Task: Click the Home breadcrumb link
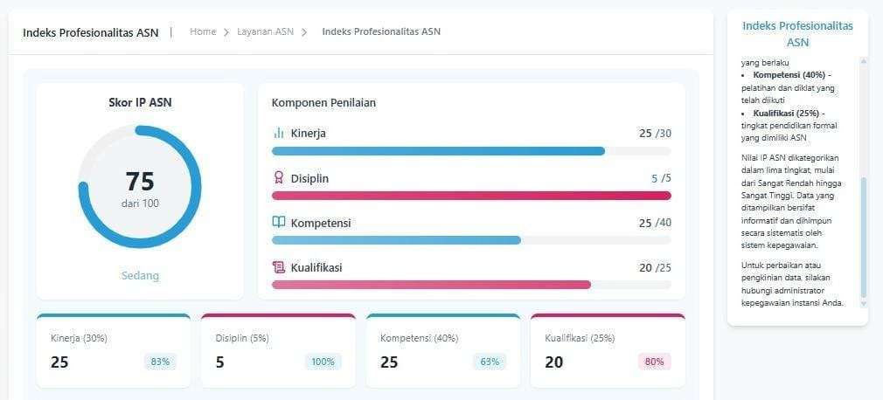coord(203,31)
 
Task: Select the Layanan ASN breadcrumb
coord(265,31)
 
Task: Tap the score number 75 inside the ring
coord(140,181)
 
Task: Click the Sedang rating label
coord(140,276)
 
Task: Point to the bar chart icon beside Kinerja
coord(278,134)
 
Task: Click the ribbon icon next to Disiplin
coord(278,178)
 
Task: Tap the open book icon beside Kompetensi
coord(278,222)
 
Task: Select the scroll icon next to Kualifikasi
coord(278,267)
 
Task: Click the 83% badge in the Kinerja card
coord(161,362)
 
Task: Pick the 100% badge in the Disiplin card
coord(323,362)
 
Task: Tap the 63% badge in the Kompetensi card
coord(490,362)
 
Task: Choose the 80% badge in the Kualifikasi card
coord(654,362)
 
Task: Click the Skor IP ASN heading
coord(140,102)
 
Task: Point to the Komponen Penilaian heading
coord(323,102)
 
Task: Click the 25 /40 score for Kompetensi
coord(655,224)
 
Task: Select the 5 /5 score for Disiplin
coord(661,179)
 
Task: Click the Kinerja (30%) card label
coord(79,339)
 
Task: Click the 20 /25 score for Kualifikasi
coord(655,268)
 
